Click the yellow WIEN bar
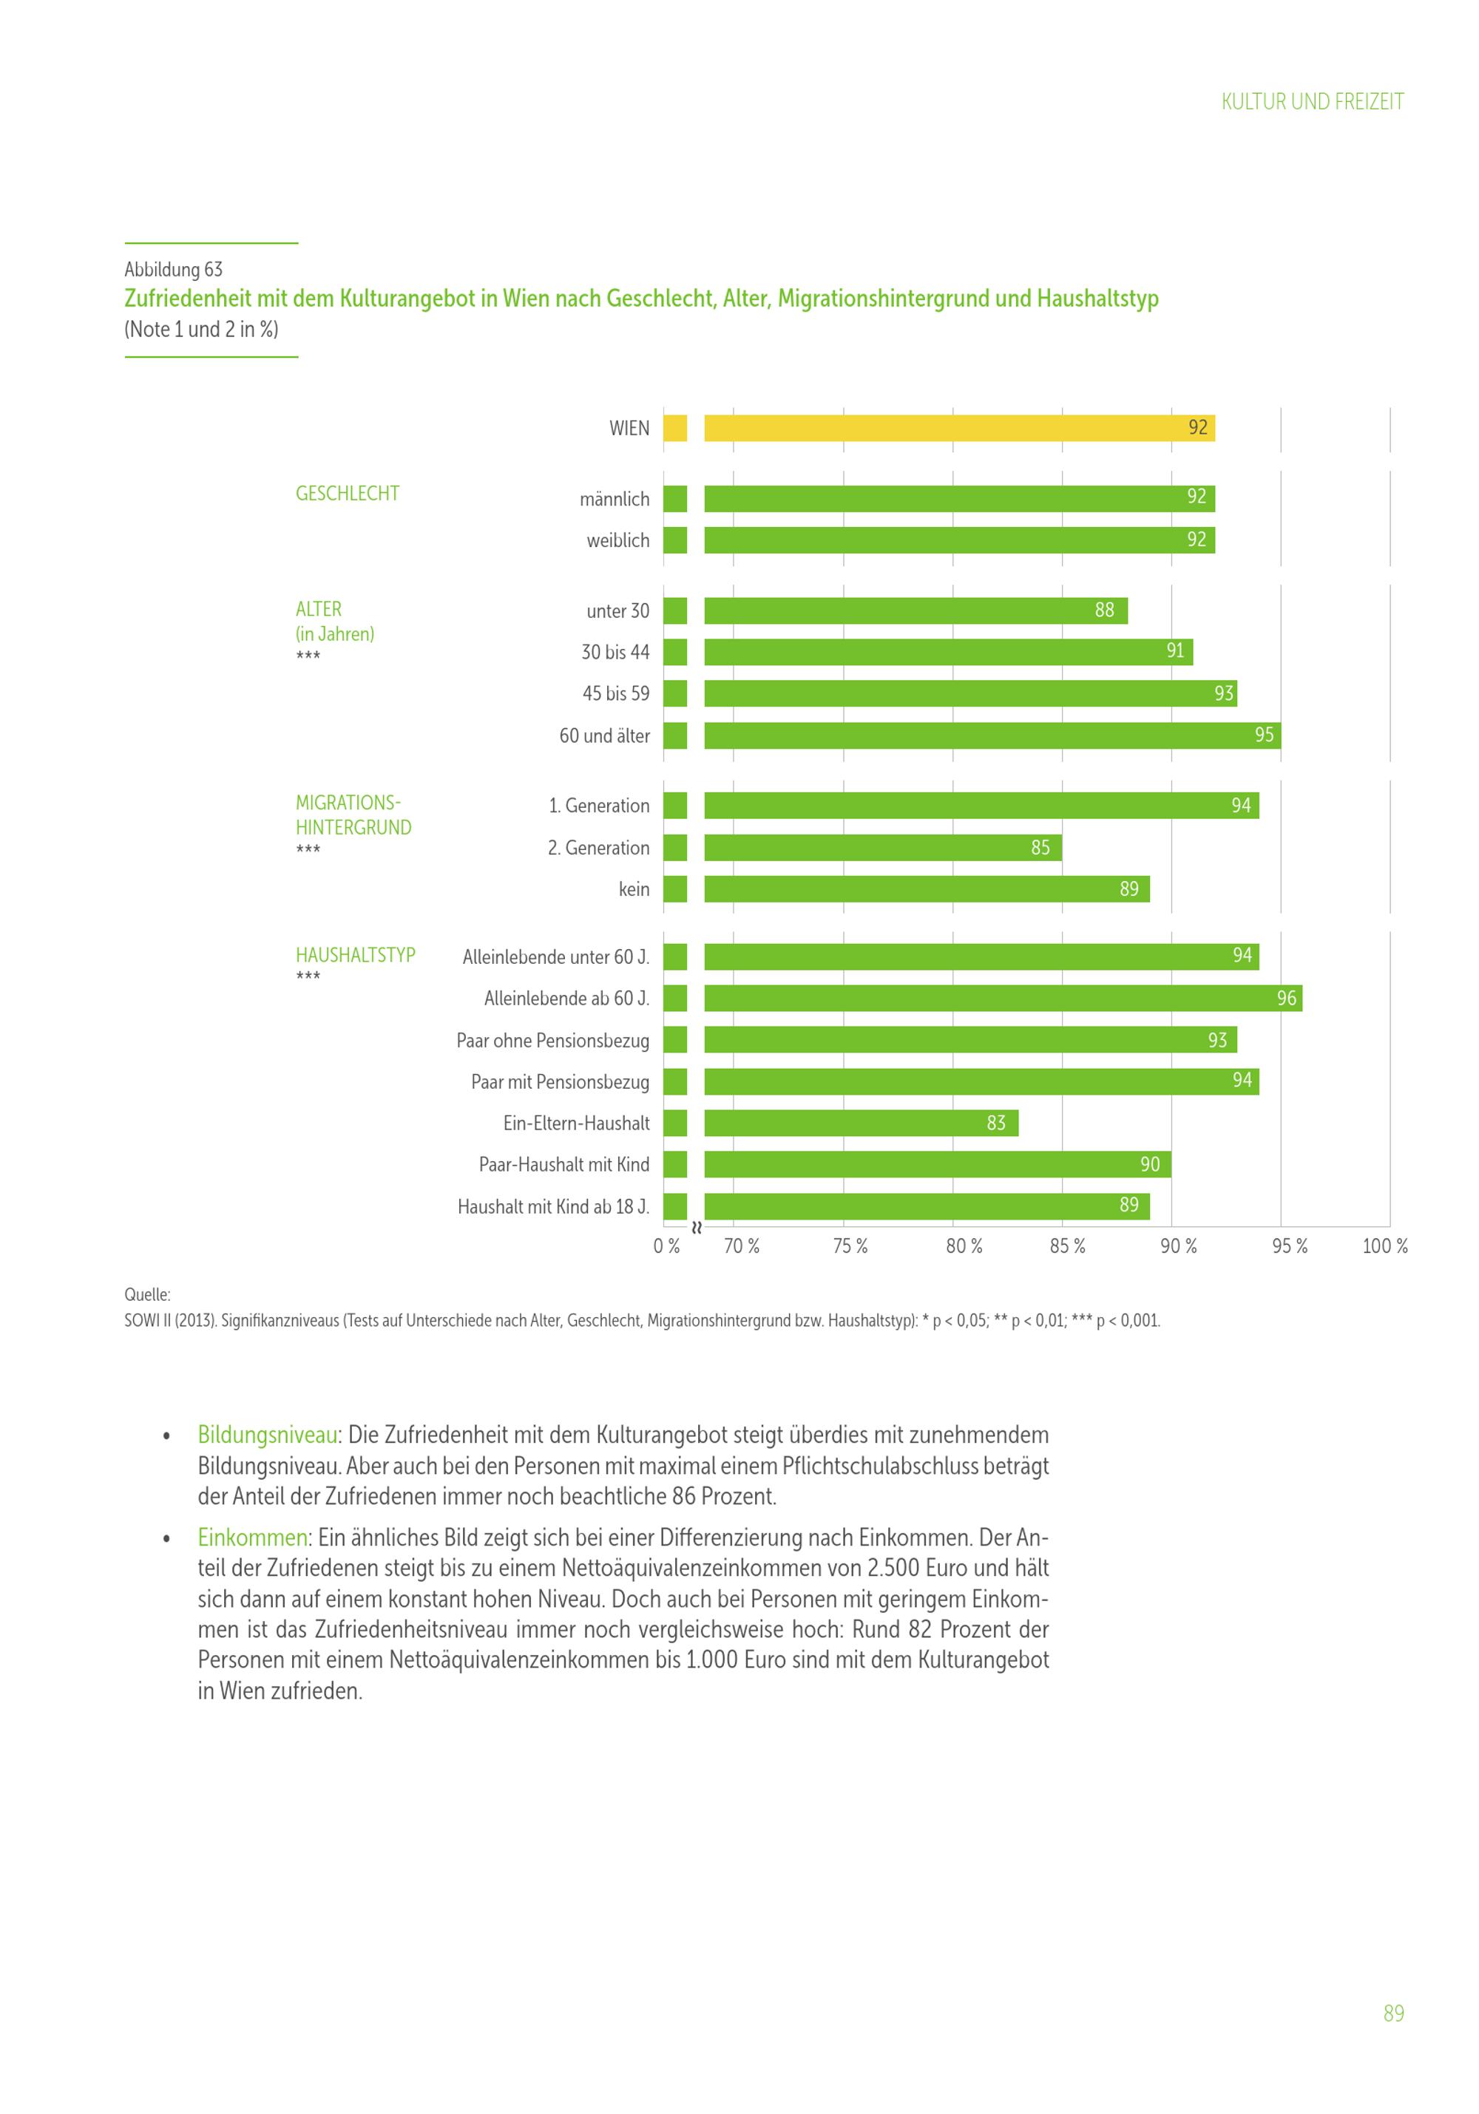tap(958, 428)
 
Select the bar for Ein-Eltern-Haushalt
tap(860, 1122)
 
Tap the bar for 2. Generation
tap(881, 847)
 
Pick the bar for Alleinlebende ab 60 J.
tap(1002, 998)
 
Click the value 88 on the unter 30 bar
tap(1103, 611)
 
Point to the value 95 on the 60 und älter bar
tap(1264, 735)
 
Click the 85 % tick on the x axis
tap(1067, 1245)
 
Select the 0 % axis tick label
tap(666, 1245)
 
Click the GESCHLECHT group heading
tap(347, 494)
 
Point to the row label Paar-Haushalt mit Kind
tap(563, 1165)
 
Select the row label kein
tap(634, 889)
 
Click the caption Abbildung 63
tap(173, 269)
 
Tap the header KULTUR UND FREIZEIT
tap(1311, 101)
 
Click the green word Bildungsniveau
tap(267, 1435)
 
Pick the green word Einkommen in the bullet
tap(252, 1537)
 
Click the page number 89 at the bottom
tap(1392, 2013)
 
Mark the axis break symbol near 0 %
tap(696, 1227)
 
